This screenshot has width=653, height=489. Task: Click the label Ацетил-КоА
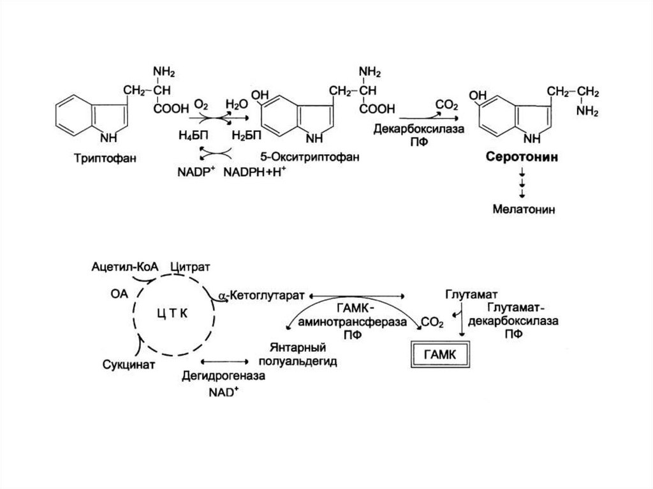(x=125, y=266)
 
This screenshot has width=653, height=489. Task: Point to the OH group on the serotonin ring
(x=477, y=96)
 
